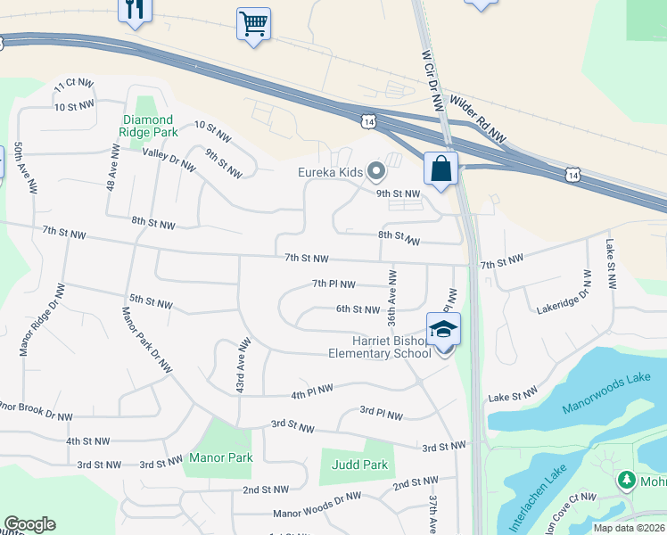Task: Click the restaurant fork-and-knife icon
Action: (135, 10)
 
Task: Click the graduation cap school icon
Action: (443, 329)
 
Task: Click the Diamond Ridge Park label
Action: (150, 126)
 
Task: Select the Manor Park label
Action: (220, 457)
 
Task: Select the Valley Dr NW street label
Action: (169, 158)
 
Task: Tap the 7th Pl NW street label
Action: (333, 284)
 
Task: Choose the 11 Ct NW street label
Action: (73, 85)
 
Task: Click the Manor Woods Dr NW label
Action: (317, 506)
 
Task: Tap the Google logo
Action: (29, 523)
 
